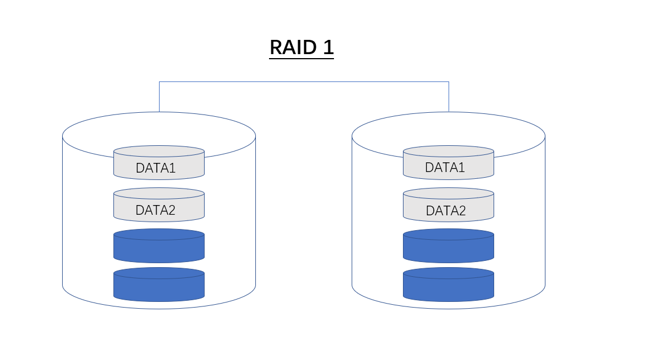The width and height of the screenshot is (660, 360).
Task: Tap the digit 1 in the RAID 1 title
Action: pyautogui.click(x=328, y=47)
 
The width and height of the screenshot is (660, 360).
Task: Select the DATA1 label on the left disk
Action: pyautogui.click(x=156, y=168)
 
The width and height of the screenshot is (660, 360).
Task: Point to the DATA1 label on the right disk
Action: pyautogui.click(x=445, y=167)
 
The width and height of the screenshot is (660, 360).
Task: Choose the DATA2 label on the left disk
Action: pyautogui.click(x=156, y=210)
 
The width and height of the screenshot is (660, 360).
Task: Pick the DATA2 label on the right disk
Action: pyautogui.click(x=446, y=211)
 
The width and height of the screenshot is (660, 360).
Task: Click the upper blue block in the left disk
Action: pyautogui.click(x=159, y=248)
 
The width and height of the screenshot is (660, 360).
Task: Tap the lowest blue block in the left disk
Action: pyautogui.click(x=159, y=287)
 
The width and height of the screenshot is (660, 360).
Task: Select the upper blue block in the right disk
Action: pyautogui.click(x=449, y=248)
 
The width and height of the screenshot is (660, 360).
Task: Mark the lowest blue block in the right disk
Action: pyautogui.click(x=449, y=287)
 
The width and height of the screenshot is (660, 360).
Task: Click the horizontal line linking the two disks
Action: pyautogui.click(x=304, y=81)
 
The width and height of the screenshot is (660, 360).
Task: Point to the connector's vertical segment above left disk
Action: pyautogui.click(x=159, y=96)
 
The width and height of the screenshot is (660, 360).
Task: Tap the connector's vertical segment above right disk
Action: pyautogui.click(x=449, y=96)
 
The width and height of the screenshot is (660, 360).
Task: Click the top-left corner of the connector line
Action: pyautogui.click(x=159, y=81)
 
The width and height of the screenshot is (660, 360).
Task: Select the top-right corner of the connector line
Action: pyautogui.click(x=449, y=81)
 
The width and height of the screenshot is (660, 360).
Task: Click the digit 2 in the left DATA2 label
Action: pyautogui.click(x=171, y=210)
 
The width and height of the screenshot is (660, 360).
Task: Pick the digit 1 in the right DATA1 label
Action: pyautogui.click(x=461, y=167)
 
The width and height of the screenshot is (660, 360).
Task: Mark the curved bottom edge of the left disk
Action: pyautogui.click(x=159, y=309)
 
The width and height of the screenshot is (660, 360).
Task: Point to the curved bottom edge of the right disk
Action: pyautogui.click(x=449, y=309)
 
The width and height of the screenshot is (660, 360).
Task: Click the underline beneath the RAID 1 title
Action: pyautogui.click(x=302, y=58)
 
